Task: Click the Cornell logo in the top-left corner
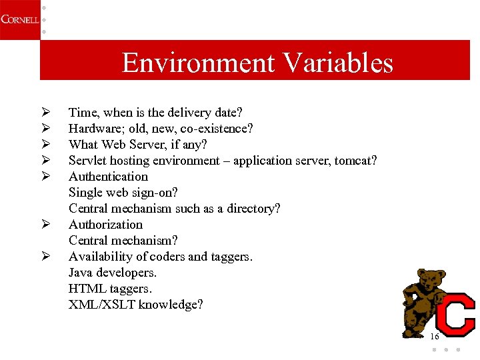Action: click(x=19, y=19)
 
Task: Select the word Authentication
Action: click(x=108, y=177)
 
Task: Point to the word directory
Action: click(x=252, y=209)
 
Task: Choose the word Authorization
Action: click(x=105, y=225)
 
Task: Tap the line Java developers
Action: click(x=113, y=273)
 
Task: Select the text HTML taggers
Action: click(x=110, y=289)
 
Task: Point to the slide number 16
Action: click(x=434, y=337)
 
